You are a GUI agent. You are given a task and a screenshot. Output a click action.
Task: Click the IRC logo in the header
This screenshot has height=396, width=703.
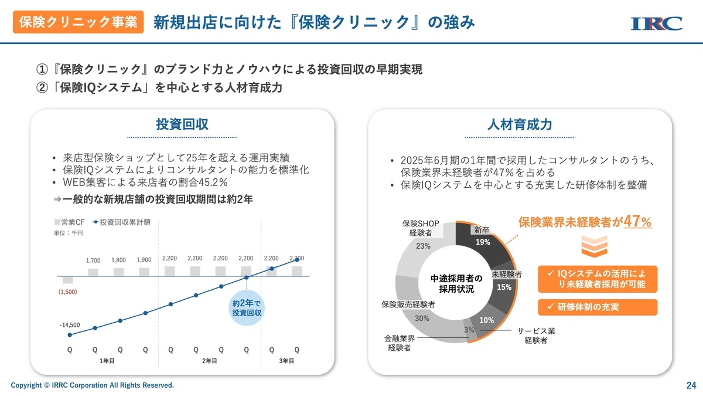point(657,23)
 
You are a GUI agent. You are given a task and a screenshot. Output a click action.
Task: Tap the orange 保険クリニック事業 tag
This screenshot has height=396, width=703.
point(78,22)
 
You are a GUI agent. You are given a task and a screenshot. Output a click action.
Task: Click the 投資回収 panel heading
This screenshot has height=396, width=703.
point(182,124)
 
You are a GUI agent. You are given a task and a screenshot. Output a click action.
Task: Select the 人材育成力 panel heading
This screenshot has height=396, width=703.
point(520,124)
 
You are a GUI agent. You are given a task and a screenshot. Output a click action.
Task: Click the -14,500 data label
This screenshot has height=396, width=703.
point(70,325)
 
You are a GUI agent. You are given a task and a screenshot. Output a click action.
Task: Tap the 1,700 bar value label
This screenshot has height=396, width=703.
point(93,260)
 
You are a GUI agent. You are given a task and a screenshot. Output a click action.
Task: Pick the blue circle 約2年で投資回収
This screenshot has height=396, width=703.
point(247,307)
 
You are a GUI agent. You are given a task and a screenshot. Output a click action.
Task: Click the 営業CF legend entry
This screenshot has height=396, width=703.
point(69,222)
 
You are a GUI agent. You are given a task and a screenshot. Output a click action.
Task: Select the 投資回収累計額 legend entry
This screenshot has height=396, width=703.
point(122,222)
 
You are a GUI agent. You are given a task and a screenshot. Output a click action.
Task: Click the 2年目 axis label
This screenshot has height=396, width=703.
point(209,361)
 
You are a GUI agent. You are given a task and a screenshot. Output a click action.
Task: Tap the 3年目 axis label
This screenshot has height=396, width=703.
point(286,361)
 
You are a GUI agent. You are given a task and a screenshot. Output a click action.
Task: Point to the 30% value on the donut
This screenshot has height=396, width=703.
point(422,319)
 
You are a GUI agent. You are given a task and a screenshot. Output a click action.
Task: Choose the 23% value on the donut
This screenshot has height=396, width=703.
point(423,246)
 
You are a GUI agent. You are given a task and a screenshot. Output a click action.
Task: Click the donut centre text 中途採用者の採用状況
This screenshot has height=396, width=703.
point(456,283)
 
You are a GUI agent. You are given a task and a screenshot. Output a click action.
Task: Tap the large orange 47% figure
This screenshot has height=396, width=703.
point(637,222)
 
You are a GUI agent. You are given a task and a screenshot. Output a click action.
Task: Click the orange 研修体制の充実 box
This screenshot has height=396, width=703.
point(598,307)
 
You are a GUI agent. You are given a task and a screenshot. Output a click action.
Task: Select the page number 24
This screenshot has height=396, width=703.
point(691,385)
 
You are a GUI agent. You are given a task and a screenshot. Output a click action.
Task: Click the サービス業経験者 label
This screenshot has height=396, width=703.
point(536,336)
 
